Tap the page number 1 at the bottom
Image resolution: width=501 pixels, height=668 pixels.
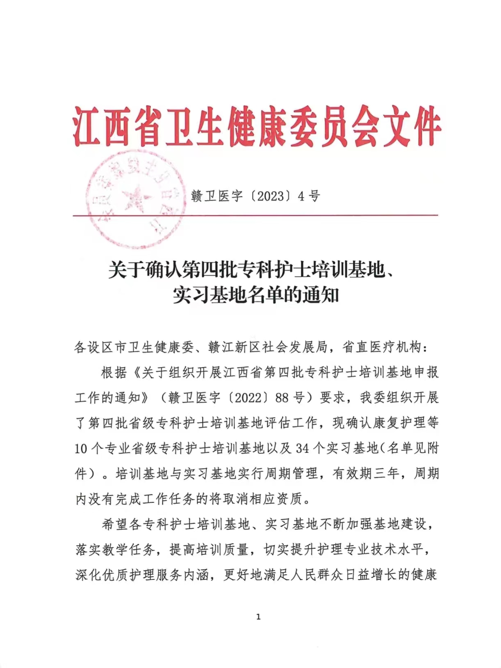(x=258, y=617)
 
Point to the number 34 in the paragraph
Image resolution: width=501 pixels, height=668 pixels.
(x=303, y=448)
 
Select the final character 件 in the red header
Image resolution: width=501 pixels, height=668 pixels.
(x=422, y=126)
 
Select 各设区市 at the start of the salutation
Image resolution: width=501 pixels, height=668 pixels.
(x=101, y=347)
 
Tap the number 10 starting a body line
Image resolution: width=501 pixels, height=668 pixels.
(x=81, y=449)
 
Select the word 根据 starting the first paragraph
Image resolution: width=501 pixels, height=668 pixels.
(x=114, y=373)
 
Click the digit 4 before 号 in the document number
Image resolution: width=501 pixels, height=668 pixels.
(x=301, y=196)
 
